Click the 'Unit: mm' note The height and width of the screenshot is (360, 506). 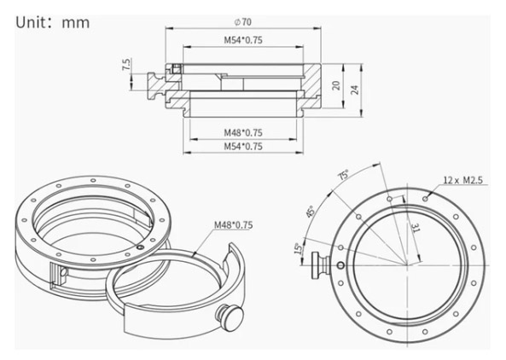(53, 23)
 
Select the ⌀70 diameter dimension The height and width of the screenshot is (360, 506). (242, 22)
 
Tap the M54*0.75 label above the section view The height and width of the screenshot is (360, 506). (243, 40)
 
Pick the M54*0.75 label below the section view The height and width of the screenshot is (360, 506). (243, 147)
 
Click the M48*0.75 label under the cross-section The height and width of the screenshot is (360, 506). (243, 132)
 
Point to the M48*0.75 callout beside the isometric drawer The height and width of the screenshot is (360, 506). (234, 225)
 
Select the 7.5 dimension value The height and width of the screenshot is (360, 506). (126, 65)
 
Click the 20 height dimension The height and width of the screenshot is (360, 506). (336, 85)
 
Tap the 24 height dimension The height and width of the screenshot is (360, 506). (354, 90)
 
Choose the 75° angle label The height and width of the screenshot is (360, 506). (343, 174)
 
